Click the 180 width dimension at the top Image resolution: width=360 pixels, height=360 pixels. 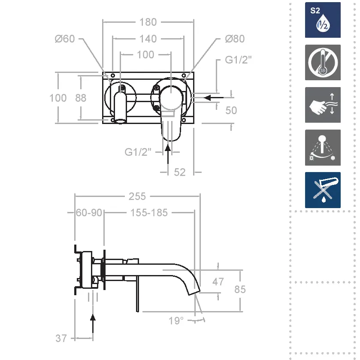tap(148, 22)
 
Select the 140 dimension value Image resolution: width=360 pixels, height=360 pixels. tap(148, 39)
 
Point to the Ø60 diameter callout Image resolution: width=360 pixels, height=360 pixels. tap(65, 39)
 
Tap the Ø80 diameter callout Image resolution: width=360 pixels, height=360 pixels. tap(235, 39)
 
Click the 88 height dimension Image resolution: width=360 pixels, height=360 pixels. tap(81, 98)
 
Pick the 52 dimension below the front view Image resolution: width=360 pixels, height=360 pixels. tap(179, 172)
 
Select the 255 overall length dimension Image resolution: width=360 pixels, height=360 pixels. tap(137, 197)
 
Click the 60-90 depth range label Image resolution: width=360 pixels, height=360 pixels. tap(89, 213)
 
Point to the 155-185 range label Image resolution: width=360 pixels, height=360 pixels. tap(149, 213)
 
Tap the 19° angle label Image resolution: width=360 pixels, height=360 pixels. tap(176, 321)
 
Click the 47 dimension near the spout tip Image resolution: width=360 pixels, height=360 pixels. tap(218, 282)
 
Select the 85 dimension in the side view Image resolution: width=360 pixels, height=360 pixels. tap(240, 289)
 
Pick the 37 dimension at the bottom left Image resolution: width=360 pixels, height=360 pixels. tap(61, 339)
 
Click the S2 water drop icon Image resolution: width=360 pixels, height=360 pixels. tap(323, 20)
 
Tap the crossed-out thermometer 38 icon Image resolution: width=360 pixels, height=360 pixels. tap(323, 63)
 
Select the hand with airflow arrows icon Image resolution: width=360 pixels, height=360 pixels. tap(323, 105)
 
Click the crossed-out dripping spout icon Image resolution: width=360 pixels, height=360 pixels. tap(323, 190)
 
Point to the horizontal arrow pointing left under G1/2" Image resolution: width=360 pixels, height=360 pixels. tap(214, 98)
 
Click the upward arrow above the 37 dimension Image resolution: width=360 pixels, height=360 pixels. tap(93, 324)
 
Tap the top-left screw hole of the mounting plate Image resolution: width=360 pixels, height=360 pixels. tap(113, 76)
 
